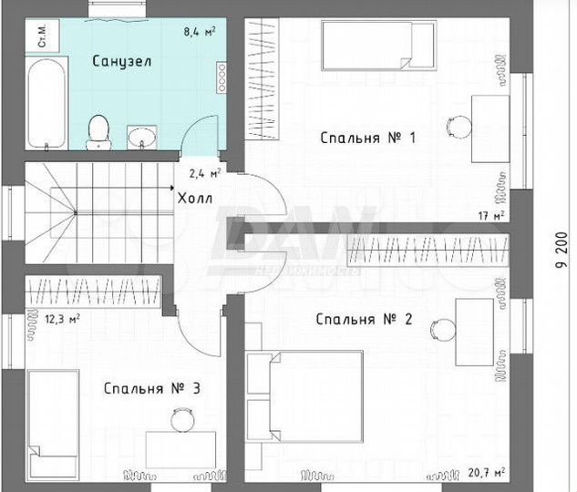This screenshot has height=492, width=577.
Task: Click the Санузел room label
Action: tap(122, 61)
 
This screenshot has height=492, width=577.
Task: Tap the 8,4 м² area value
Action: tap(200, 32)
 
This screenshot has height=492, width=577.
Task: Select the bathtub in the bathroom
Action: tap(46, 103)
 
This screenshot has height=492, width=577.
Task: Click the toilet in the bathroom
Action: tap(98, 132)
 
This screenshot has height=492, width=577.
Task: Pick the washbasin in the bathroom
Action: tap(141, 138)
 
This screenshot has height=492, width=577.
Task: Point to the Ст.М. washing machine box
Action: tap(42, 36)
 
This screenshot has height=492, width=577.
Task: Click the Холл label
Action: tap(195, 199)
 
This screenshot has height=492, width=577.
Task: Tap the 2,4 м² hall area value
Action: tap(205, 173)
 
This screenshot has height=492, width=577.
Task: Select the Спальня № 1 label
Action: tap(368, 138)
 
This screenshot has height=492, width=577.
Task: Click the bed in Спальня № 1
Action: tap(378, 46)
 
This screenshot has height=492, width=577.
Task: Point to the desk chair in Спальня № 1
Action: tap(459, 127)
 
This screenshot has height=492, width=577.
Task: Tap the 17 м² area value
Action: tap(491, 216)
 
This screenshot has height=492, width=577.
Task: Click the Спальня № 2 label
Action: tap(364, 319)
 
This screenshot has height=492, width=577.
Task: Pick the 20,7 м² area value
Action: tap(487, 472)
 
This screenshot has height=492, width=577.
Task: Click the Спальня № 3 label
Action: tap(152, 388)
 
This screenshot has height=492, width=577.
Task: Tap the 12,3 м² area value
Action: tap(62, 319)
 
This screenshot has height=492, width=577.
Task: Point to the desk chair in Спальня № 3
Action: tap(182, 419)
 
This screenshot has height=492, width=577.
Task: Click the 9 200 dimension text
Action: tap(562, 250)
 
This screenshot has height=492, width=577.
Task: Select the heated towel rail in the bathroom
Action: tap(222, 77)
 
